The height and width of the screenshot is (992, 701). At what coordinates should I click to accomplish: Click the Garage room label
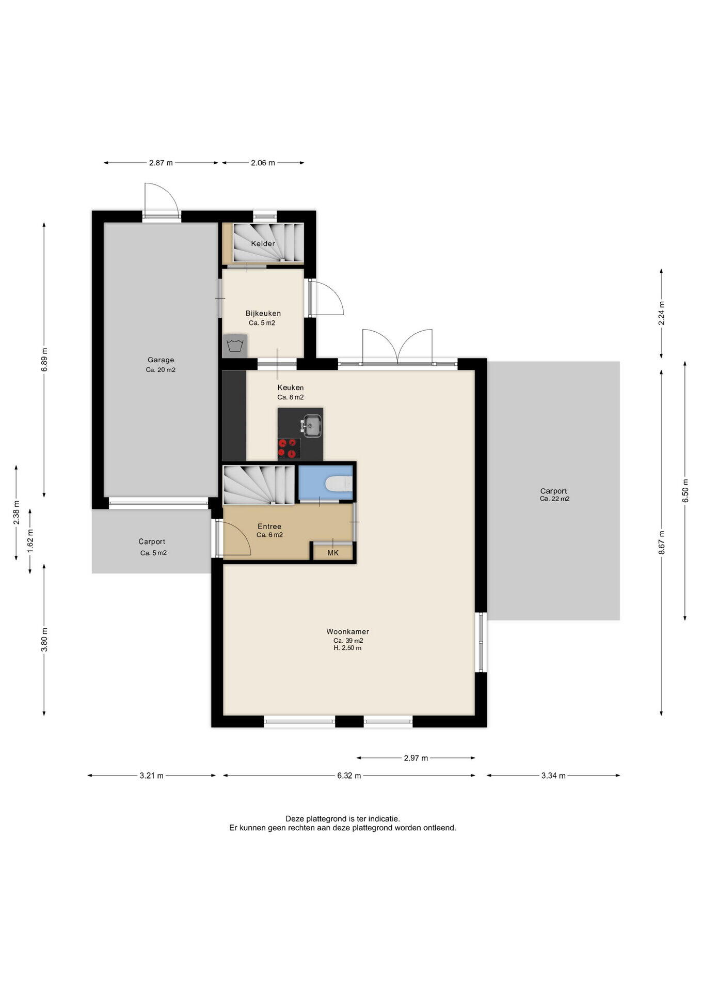point(161,360)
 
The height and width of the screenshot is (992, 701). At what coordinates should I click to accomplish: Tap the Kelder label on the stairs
point(263,243)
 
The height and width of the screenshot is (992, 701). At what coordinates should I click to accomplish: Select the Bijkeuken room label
point(263,313)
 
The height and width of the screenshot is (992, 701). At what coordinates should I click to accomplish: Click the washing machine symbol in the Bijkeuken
point(235,346)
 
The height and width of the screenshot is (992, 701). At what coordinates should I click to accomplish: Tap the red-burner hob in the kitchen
point(289,448)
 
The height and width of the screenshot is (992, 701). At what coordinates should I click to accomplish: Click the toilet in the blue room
point(339,484)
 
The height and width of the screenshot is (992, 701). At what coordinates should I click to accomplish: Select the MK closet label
point(333,553)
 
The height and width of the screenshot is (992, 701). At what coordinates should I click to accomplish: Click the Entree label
point(269,526)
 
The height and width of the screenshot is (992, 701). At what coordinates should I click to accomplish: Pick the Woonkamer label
point(347,631)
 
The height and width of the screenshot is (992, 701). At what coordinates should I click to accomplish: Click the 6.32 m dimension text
point(349,776)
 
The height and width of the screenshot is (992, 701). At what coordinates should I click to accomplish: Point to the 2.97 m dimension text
point(416,758)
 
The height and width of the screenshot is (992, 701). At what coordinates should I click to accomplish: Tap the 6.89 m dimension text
point(44,360)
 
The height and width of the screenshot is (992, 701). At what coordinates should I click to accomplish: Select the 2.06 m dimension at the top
point(263,163)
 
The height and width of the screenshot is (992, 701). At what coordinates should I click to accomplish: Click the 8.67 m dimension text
point(662,542)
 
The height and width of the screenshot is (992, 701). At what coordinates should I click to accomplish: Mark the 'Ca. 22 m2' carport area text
point(554,499)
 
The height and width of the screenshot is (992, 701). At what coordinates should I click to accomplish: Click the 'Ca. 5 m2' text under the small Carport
point(153,553)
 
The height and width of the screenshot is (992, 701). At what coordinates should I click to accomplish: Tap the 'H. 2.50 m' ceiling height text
point(347,648)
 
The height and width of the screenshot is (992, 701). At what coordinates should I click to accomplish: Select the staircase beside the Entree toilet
point(259,485)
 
